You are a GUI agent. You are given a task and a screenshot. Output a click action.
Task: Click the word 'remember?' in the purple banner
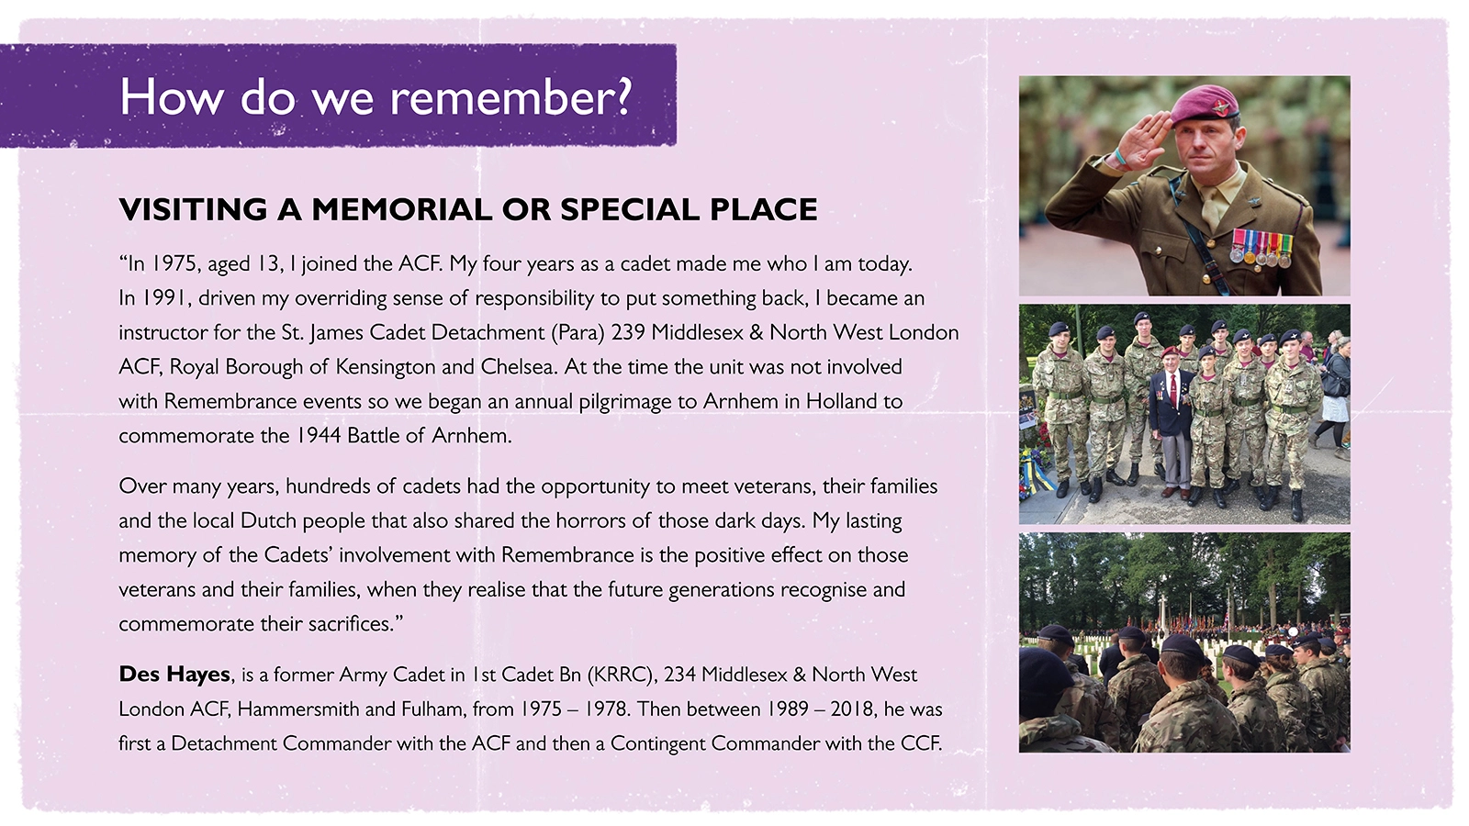tap(510, 97)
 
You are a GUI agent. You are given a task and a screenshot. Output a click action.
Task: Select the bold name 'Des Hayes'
tap(174, 674)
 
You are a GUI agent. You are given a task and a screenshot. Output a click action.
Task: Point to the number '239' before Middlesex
tap(628, 332)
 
